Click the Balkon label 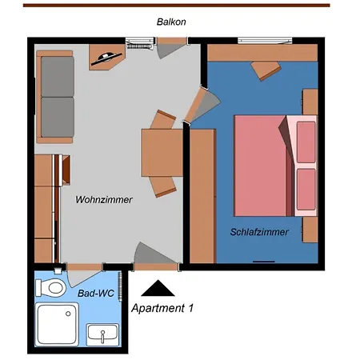(171, 22)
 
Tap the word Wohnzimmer (104, 199)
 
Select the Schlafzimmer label (258, 232)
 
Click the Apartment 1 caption (162, 307)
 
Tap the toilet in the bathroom (54, 286)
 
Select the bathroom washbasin (102, 333)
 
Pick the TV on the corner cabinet (106, 56)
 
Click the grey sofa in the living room (57, 94)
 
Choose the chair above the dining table (164, 119)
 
